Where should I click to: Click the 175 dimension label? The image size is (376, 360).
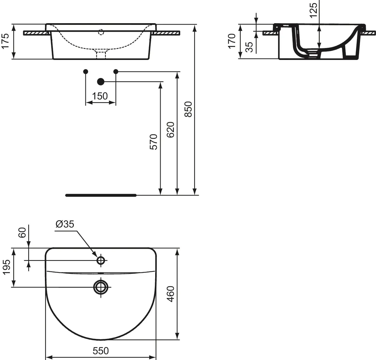tap(5, 41)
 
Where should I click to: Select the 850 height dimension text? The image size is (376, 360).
tap(189, 109)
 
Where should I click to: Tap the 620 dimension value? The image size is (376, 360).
tap(170, 130)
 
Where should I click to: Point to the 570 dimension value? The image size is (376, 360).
tap(153, 142)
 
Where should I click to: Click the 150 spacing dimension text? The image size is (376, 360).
tap(100, 96)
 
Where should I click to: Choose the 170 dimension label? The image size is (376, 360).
tap(232, 41)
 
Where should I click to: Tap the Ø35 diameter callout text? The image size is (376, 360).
tap(65, 224)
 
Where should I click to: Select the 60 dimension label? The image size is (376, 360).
tap(22, 233)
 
